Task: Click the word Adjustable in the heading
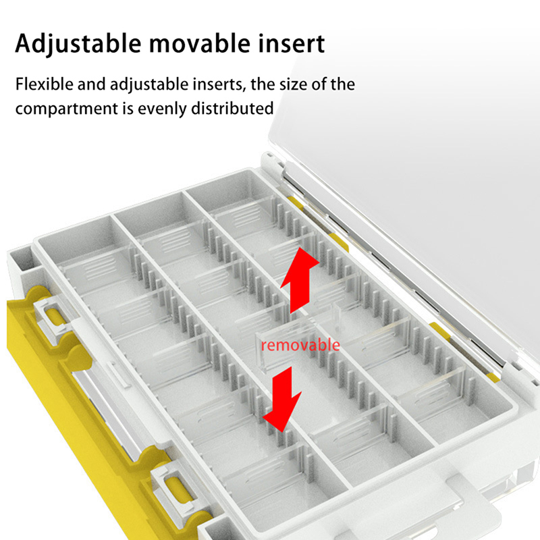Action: [78, 44]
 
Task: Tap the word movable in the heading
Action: [200, 43]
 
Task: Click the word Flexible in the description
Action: [45, 84]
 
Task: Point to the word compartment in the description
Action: [67, 109]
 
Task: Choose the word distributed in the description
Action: [232, 108]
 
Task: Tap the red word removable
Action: [300, 345]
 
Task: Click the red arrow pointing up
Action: [298, 279]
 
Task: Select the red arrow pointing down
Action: [283, 399]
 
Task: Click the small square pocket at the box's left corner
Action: [22, 259]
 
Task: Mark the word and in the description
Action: [91, 84]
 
